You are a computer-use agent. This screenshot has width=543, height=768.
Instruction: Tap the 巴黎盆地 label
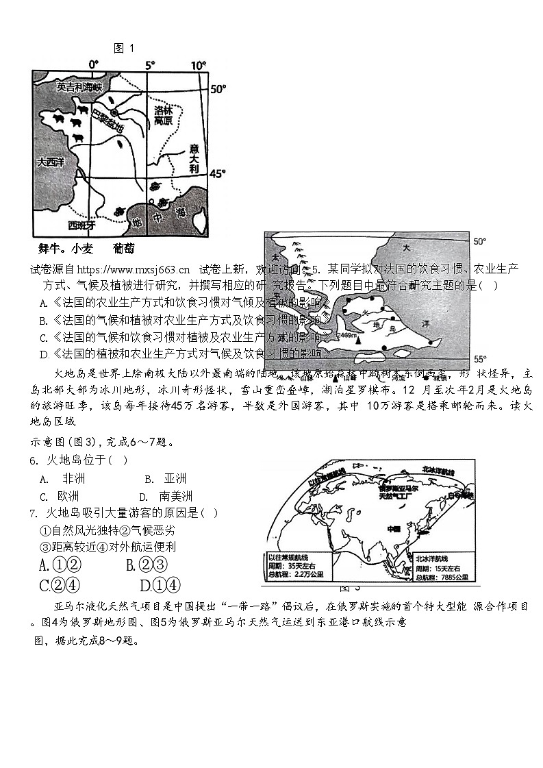pyautogui.click(x=108, y=120)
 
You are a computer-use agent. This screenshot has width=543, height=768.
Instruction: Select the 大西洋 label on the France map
pyautogui.click(x=51, y=162)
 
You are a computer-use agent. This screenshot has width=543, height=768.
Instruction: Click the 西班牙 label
pyautogui.click(x=82, y=224)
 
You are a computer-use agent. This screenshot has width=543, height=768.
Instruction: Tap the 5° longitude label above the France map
pyautogui.click(x=149, y=66)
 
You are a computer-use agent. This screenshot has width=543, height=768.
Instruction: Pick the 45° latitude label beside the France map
pyautogui.click(x=217, y=174)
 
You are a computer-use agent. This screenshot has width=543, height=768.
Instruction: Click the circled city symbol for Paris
pyautogui.click(x=114, y=112)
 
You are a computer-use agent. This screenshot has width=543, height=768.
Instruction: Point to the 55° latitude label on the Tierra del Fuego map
pyautogui.click(x=480, y=359)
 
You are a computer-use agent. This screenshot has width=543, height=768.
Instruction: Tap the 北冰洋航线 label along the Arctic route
pyautogui.click(x=438, y=469)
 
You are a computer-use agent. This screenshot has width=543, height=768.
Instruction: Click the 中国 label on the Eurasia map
pyautogui.click(x=394, y=529)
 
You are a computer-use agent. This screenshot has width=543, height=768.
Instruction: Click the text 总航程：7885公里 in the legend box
pyautogui.click(x=442, y=578)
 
